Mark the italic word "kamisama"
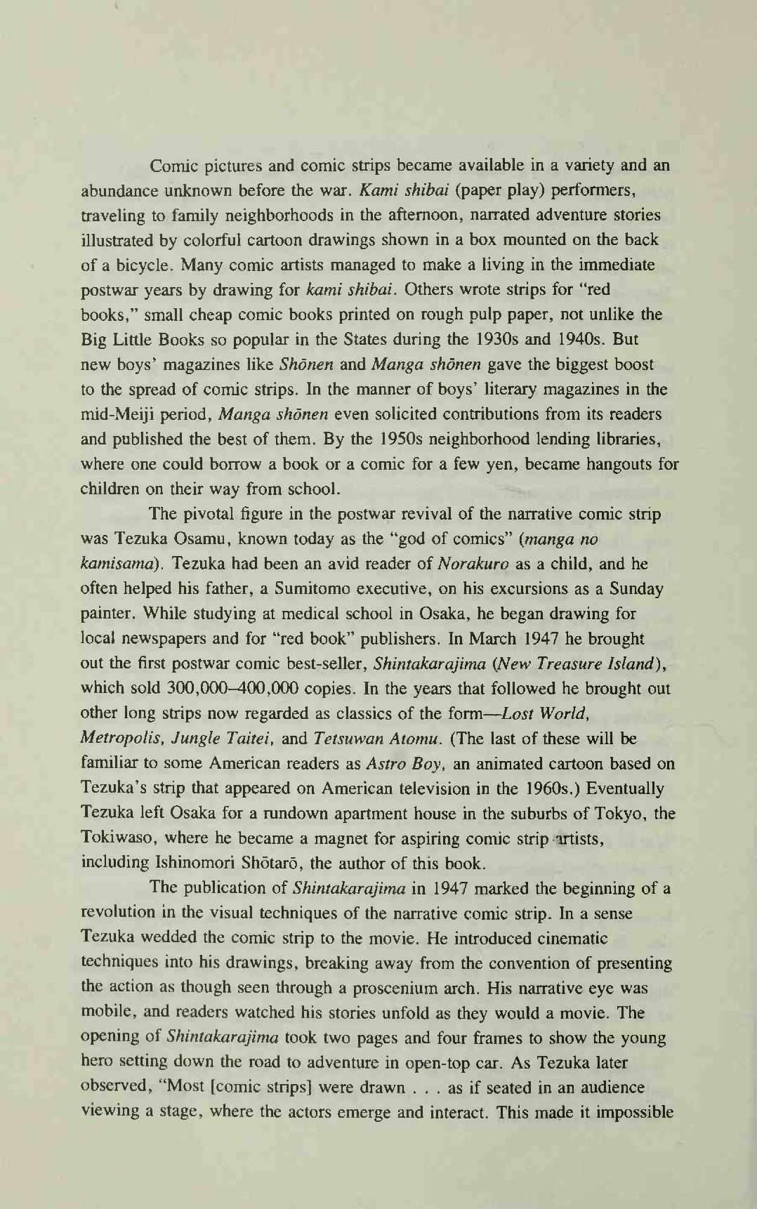click(x=113, y=564)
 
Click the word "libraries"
click(x=626, y=440)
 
